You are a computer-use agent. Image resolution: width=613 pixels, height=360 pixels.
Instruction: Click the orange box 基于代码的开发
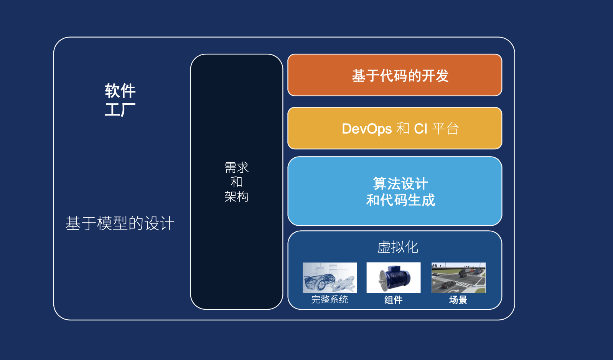pos(395,75)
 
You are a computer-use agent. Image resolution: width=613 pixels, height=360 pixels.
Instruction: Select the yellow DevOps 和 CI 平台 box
pos(395,128)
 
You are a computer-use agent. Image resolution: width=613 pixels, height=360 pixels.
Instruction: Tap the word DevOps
pos(367,129)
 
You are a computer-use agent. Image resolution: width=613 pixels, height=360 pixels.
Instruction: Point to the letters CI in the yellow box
pos(420,129)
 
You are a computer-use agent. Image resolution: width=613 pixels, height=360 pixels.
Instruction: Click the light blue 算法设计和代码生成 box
pos(395,191)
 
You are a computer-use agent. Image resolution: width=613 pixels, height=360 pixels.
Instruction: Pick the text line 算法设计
pos(400,183)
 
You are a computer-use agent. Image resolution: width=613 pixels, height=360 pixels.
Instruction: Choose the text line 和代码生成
pos(400,200)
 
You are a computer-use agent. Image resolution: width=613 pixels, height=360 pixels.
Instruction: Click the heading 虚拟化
pos(398,247)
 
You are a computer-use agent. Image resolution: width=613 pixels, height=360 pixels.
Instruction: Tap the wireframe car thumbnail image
pos(330,277)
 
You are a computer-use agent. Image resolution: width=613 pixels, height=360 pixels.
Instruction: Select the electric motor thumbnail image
pos(394,277)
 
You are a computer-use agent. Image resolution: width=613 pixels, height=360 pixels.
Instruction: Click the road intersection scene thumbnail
pos(458,277)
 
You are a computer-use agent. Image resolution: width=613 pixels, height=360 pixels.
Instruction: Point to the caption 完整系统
pos(330,299)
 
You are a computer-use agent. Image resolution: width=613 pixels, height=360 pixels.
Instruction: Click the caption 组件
pos(394,300)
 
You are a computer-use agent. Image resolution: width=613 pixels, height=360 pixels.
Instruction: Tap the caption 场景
pos(458,300)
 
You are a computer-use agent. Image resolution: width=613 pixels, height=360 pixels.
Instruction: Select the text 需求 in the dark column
pos(236,167)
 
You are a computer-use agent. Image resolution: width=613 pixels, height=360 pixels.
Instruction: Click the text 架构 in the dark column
pos(236,197)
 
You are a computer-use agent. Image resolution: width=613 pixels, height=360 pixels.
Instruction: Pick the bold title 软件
pos(120,91)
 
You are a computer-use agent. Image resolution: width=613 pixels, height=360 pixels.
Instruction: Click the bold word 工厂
pos(120,109)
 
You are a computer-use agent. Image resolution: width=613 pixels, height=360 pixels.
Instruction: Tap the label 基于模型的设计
pos(120,223)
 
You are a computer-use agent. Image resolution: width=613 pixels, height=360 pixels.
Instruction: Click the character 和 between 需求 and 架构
pos(236,182)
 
